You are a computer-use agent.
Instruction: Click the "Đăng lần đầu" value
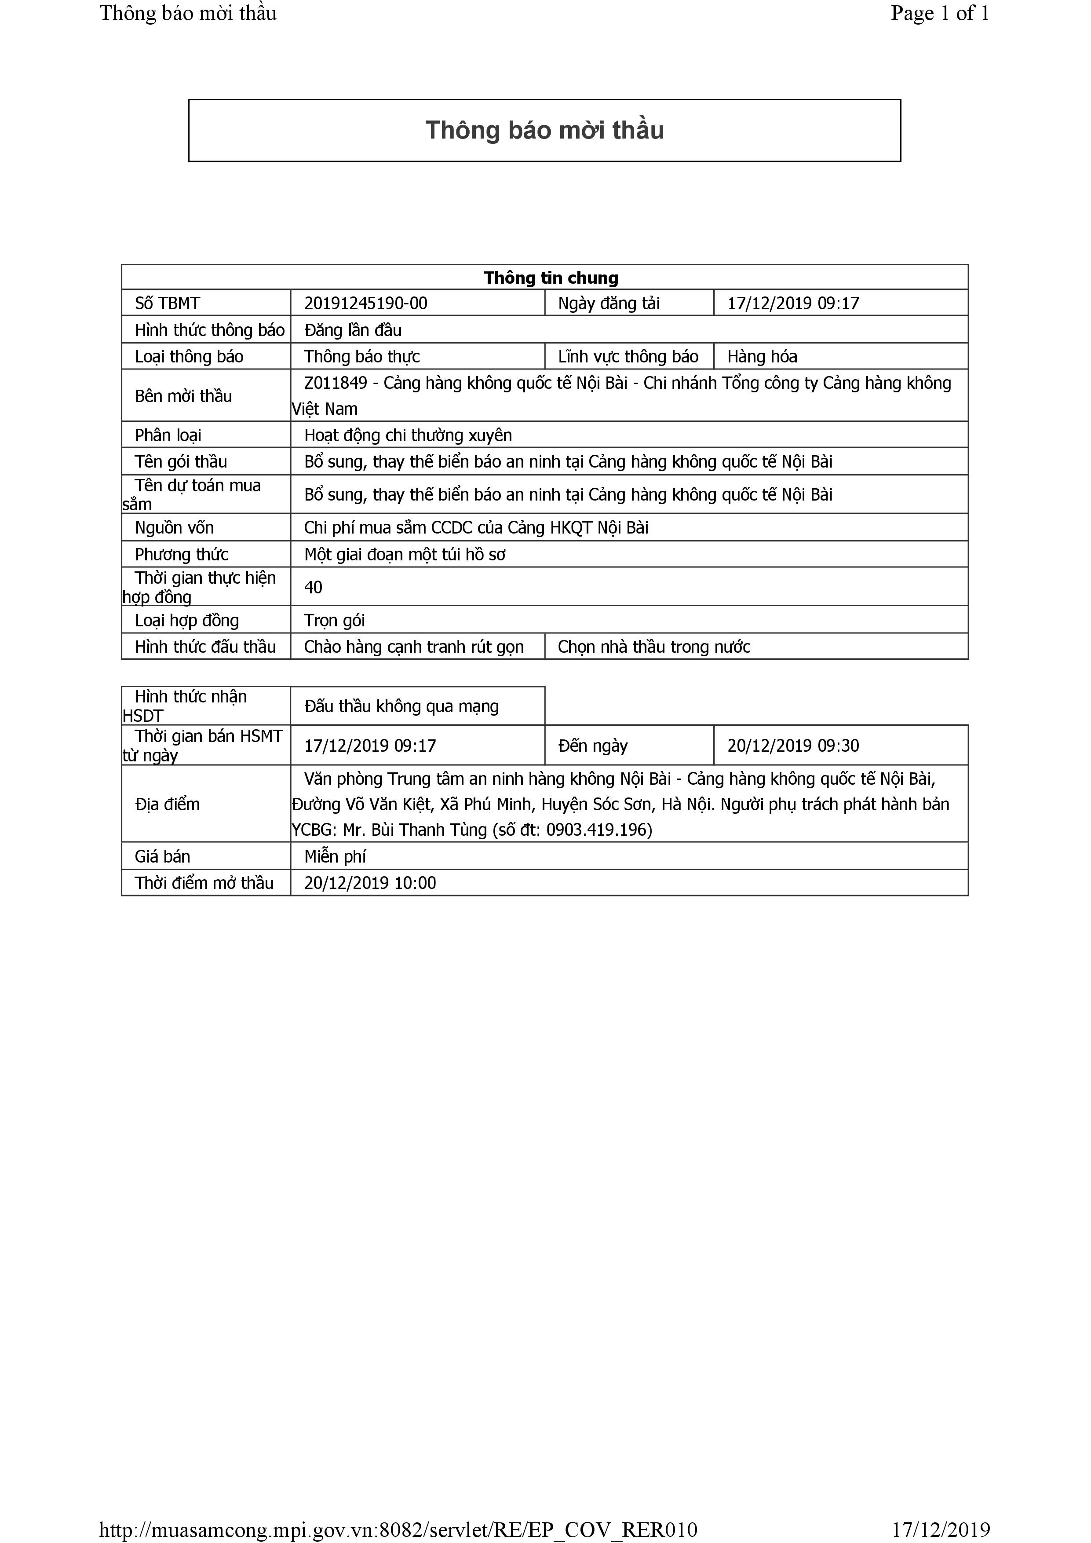coord(353,330)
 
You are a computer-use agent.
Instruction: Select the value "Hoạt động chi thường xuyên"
coord(408,435)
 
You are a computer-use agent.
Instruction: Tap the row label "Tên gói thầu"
coord(181,462)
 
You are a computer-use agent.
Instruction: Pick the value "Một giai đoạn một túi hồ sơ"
coord(405,554)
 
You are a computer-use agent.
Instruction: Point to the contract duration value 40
coord(313,587)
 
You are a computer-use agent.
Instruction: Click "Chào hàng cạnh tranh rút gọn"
coord(413,647)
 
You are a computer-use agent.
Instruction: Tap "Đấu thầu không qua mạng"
coord(401,706)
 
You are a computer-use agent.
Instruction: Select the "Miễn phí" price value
coord(335,857)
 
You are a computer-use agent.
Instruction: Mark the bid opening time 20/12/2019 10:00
coord(369,883)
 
